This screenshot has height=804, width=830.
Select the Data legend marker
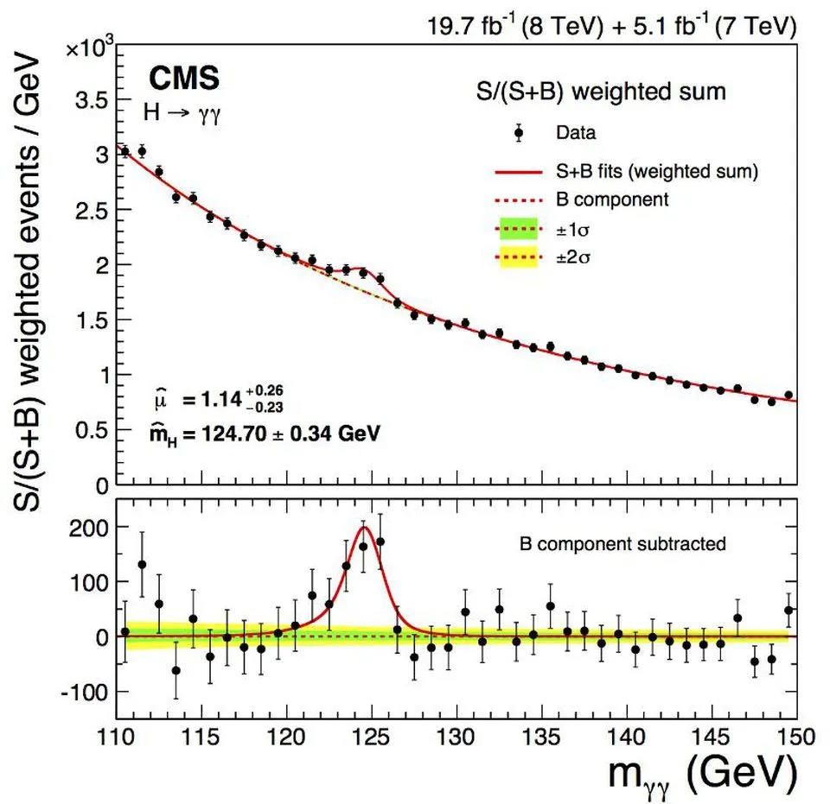pyautogui.click(x=519, y=133)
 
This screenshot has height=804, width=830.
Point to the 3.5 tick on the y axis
pyautogui.click(x=87, y=100)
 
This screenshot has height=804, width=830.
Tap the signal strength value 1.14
pyautogui.click(x=231, y=400)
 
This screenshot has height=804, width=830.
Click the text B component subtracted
pyautogui.click(x=622, y=544)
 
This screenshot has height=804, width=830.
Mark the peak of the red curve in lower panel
pyautogui.click(x=365, y=527)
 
